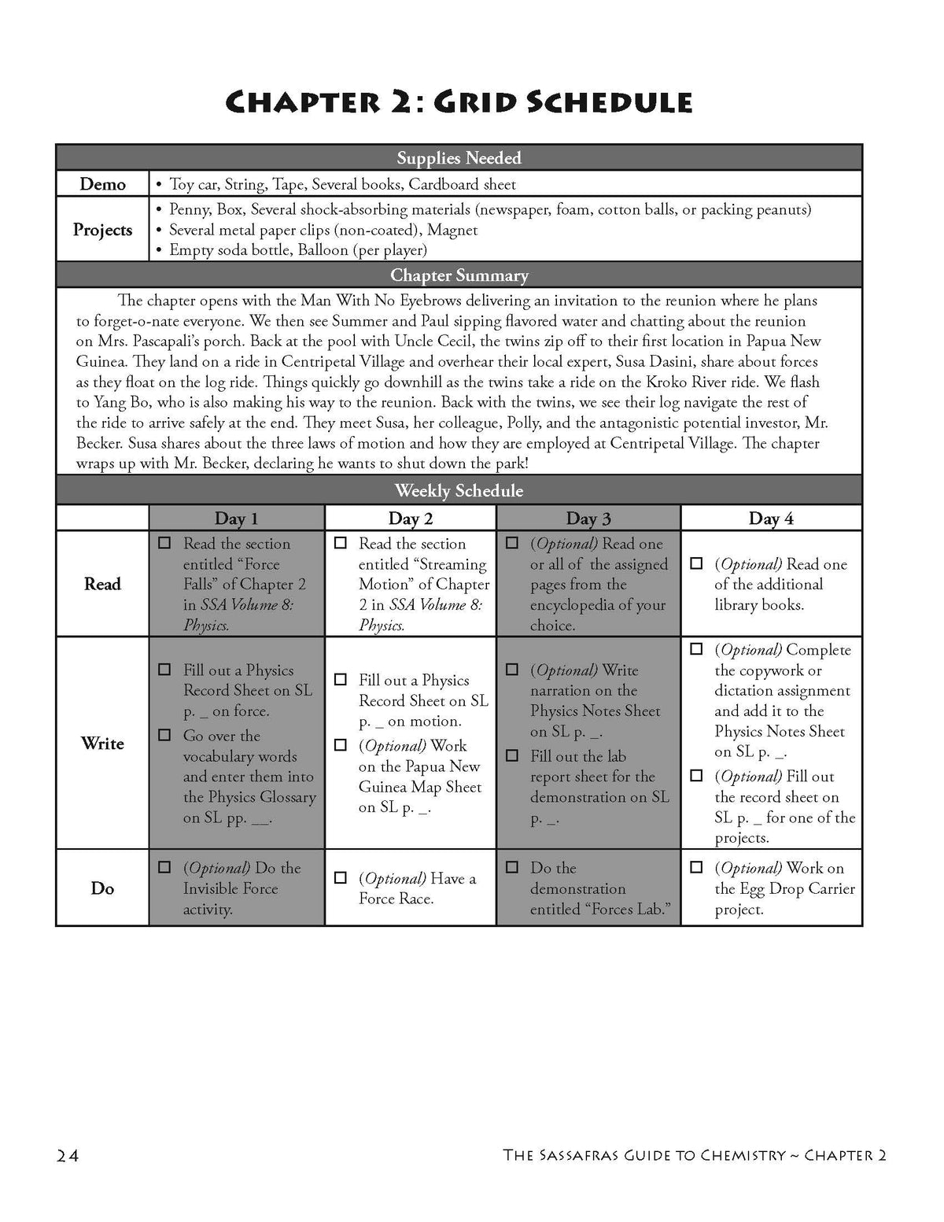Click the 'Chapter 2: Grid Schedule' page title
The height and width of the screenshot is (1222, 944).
459,103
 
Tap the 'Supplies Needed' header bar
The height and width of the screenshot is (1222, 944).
459,158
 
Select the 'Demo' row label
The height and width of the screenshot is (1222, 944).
102,184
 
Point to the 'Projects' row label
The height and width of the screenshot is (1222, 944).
102,230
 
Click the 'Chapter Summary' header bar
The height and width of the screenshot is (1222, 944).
459,275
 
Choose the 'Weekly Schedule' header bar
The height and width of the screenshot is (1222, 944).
459,491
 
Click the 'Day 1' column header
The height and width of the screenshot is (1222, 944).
236,519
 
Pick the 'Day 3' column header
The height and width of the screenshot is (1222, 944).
588,519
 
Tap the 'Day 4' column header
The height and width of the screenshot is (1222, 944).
771,519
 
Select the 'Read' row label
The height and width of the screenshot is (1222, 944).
102,584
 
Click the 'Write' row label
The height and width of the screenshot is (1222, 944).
102,744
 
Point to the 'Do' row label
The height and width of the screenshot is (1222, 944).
102,888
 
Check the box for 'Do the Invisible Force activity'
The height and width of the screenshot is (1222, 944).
164,868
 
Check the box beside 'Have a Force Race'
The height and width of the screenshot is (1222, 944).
341,878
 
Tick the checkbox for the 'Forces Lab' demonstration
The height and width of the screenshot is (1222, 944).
512,868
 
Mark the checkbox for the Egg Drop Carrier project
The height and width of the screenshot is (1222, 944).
696,868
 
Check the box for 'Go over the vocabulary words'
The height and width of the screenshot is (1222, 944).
164,736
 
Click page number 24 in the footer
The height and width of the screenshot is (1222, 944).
68,1155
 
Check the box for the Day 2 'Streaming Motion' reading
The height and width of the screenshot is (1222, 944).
341,544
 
